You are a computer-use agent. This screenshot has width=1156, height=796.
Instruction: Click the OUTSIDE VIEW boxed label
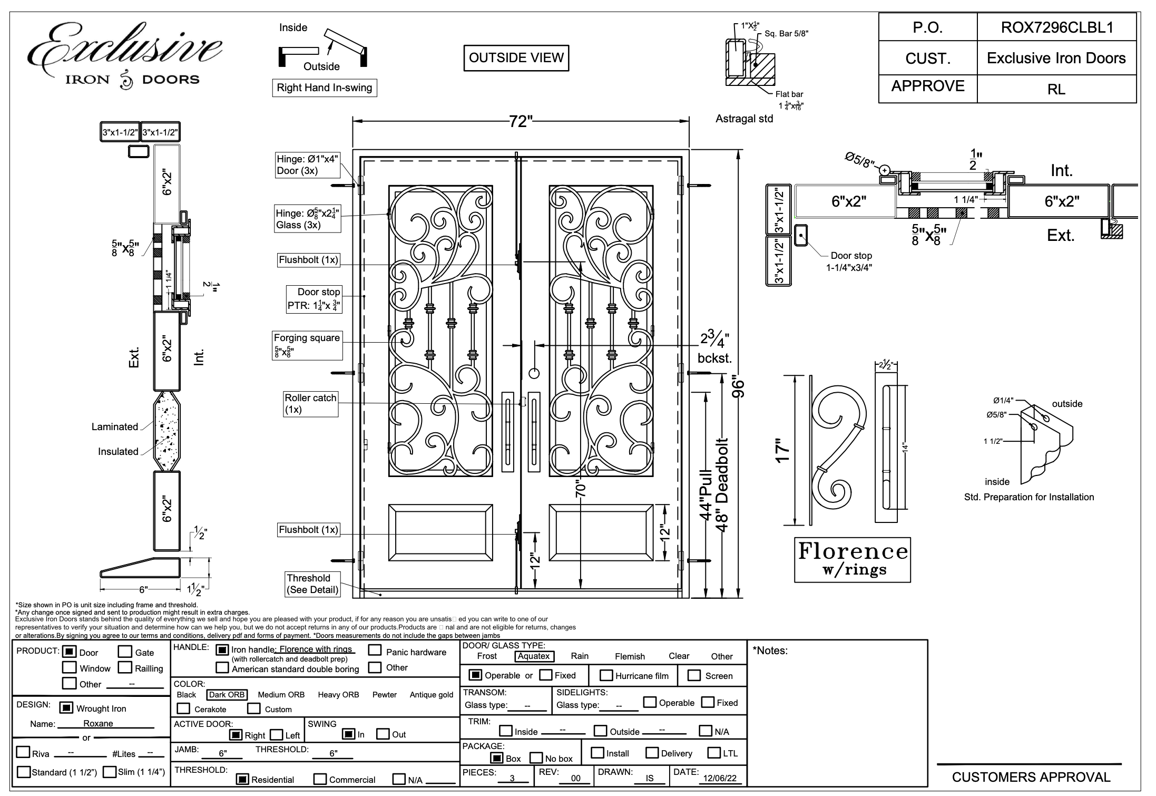click(x=516, y=58)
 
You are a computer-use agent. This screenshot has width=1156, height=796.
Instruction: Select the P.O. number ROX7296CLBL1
click(x=1056, y=27)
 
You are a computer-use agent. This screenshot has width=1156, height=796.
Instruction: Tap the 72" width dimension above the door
click(x=521, y=122)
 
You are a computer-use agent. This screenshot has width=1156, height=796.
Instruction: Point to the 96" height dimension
click(x=738, y=387)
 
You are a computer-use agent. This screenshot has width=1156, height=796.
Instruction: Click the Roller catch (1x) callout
click(x=310, y=404)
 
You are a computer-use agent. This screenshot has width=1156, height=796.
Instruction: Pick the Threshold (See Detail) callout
click(x=312, y=584)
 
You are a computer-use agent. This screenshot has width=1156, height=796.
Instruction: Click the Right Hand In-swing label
click(x=324, y=88)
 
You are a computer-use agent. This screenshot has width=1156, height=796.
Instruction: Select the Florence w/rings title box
click(x=852, y=559)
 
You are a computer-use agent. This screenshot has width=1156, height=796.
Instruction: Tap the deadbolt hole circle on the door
click(x=534, y=374)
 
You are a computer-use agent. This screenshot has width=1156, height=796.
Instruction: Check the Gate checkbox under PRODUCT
click(x=125, y=652)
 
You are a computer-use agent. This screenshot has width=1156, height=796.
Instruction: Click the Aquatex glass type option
click(x=534, y=656)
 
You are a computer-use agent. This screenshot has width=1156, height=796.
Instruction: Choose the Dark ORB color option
click(x=227, y=695)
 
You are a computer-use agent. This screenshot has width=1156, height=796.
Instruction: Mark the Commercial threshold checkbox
click(x=319, y=779)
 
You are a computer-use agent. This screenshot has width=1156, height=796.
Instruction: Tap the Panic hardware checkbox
click(x=375, y=650)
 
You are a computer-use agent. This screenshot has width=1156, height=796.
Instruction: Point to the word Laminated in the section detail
click(x=114, y=426)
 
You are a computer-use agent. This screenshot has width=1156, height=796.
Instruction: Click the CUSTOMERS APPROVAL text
click(x=1031, y=777)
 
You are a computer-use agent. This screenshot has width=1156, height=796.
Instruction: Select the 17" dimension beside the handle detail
click(x=783, y=450)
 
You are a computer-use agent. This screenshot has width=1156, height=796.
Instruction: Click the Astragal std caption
click(x=744, y=119)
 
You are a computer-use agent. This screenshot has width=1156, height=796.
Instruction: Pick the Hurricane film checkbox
click(x=606, y=675)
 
